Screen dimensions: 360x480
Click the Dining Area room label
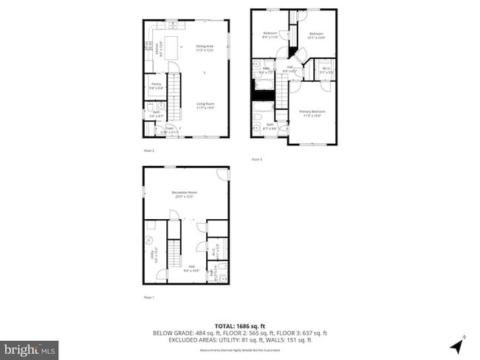point(205,49)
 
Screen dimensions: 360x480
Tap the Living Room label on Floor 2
point(205,105)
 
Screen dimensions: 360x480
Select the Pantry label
point(157,86)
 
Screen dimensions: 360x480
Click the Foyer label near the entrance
point(171,130)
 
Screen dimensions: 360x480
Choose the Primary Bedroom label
point(311,113)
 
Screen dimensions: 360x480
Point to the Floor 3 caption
point(256,159)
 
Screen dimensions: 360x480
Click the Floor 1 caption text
point(148,297)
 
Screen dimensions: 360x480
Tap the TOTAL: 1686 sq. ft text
point(240,326)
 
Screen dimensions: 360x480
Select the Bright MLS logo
point(30,347)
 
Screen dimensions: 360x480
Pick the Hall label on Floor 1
point(191,269)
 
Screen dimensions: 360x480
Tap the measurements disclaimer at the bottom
point(240,350)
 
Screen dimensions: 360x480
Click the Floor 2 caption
point(148,150)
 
